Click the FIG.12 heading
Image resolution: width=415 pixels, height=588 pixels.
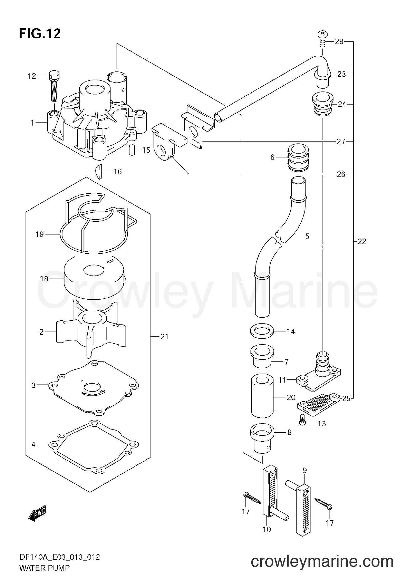40,34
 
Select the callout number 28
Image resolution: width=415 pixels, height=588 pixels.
339,42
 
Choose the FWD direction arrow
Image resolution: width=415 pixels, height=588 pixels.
37,514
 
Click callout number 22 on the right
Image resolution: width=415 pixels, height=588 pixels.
362,241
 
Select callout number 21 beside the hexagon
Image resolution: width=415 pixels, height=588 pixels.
164,336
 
